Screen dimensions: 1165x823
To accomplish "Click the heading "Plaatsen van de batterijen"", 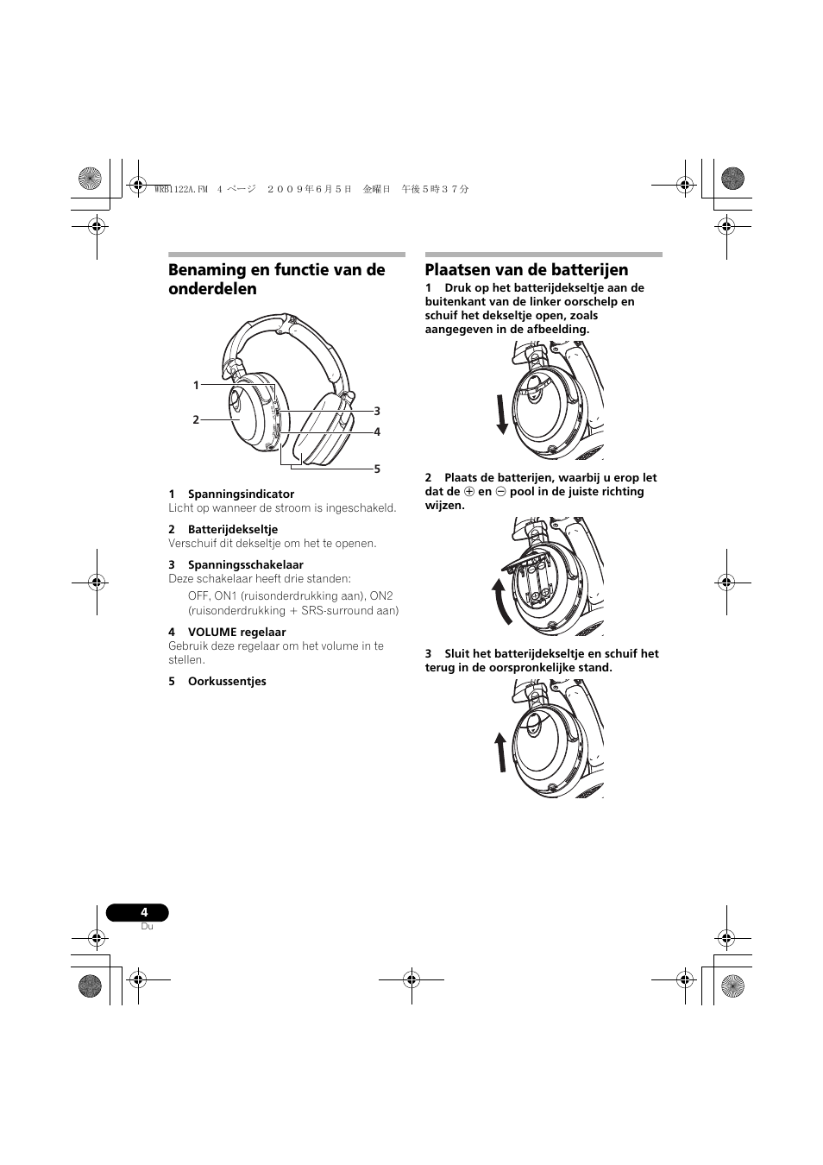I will click(526, 270).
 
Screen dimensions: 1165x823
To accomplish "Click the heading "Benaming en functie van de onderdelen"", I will click(276, 280).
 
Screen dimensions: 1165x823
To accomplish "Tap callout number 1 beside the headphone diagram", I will click(196, 386).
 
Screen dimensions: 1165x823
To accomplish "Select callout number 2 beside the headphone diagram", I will click(196, 420).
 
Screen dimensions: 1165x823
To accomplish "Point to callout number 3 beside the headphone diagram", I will click(377, 412).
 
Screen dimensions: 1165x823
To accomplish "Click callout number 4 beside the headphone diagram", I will click(377, 432).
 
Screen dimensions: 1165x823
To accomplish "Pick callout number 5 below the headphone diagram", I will click(377, 469).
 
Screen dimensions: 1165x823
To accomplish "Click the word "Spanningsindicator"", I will click(241, 494).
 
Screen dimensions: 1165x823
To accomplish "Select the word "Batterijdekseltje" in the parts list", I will click(233, 530).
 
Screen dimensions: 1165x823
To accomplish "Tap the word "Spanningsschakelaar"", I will click(246, 565).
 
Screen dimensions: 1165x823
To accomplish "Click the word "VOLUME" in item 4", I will click(211, 633).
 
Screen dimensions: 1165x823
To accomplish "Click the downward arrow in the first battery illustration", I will click(502, 413).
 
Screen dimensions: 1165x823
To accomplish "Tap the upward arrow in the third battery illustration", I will click(500, 752).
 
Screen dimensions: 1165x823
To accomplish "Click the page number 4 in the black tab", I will click(144, 913).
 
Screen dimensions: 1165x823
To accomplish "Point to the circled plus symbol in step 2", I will click(469, 492).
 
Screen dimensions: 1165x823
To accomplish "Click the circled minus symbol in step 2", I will click(500, 492).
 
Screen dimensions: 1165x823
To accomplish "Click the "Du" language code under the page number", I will click(147, 927).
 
